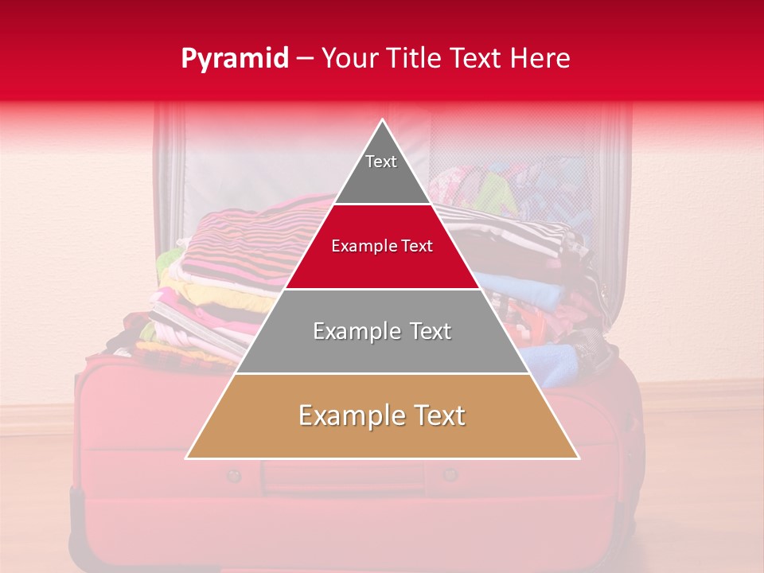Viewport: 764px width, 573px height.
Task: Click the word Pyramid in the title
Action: click(234, 59)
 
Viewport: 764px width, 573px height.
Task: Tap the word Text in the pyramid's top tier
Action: click(381, 162)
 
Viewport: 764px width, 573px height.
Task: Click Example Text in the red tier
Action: click(382, 246)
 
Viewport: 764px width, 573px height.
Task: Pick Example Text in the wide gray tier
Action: click(382, 331)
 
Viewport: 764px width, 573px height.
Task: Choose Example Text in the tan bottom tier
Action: click(382, 415)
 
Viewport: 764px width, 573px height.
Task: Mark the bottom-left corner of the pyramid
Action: click(187, 458)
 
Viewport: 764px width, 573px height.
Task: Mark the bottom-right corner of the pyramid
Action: click(579, 458)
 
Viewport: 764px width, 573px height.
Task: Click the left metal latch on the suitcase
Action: click(233, 476)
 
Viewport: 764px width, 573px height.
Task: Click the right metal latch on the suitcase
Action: click(450, 475)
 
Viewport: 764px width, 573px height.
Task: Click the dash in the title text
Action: click(304, 59)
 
